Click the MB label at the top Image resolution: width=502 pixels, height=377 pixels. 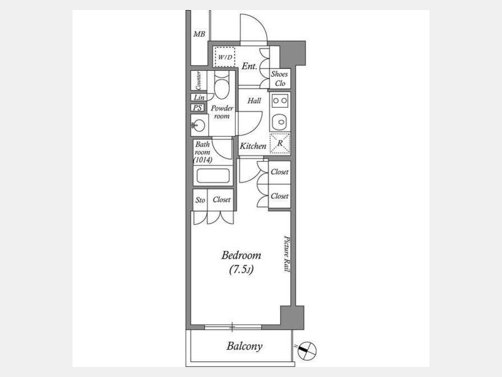tap(199, 34)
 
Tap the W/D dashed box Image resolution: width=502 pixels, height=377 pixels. tap(225, 57)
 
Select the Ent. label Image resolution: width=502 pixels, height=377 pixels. tap(249, 66)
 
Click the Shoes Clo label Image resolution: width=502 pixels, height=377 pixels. tap(279, 79)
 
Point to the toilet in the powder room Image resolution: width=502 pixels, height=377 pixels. tap(221, 85)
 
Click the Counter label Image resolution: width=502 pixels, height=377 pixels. tap(199, 80)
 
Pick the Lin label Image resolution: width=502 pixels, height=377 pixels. tap(199, 97)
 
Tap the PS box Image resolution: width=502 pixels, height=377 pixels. tap(197, 108)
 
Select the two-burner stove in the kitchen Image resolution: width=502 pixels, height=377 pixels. tap(280, 101)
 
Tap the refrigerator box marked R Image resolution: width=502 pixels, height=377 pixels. tap(280, 144)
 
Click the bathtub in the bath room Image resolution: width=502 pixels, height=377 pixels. tap(213, 176)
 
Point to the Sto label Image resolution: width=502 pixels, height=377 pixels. tap(200, 200)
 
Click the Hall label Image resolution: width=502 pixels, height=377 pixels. tap(254, 101)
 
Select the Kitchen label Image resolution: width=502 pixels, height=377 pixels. tap(253, 146)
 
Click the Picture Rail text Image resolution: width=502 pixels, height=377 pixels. tap(287, 254)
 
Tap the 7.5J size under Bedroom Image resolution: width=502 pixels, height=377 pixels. tap(242, 270)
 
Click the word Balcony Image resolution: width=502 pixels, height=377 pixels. tap(245, 346)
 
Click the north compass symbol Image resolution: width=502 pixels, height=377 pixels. tap(306, 350)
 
